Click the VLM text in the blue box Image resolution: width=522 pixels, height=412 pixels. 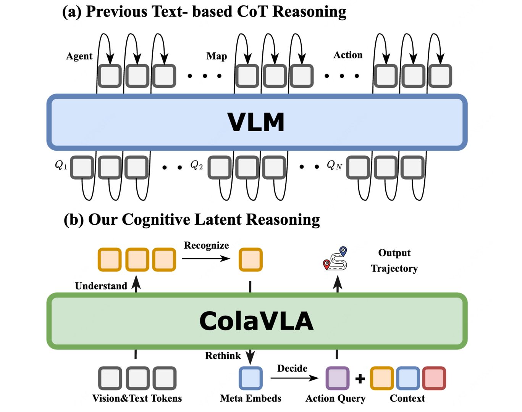pos(256,122)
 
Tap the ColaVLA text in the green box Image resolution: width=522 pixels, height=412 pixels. pos(256,321)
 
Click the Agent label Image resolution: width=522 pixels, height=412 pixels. pos(79,56)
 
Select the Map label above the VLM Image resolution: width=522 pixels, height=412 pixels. pos(217,56)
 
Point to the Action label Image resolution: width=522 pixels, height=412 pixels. pos(348,55)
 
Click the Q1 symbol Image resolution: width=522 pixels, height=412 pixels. pos(61,165)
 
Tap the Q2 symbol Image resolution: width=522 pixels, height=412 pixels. pos(196,165)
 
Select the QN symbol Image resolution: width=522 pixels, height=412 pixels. pos(334,165)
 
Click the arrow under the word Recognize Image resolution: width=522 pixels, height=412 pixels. pos(206,259)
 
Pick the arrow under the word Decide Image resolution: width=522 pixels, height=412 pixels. pos(294,378)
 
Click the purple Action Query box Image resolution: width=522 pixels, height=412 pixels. pos(337,378)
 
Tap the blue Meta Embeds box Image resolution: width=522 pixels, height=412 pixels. pos(250,378)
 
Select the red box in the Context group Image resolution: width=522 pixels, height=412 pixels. pos(434,378)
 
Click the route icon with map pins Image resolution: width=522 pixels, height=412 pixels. pos(336,259)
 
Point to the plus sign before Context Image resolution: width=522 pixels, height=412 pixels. pos(360,378)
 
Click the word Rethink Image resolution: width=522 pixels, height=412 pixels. pos(223,356)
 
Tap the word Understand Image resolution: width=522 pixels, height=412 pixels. pos(101,286)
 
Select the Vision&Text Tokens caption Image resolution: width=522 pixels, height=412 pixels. pos(137,398)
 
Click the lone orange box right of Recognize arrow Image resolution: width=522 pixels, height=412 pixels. pos(250,259)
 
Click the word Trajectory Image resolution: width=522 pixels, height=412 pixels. pos(394,269)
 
